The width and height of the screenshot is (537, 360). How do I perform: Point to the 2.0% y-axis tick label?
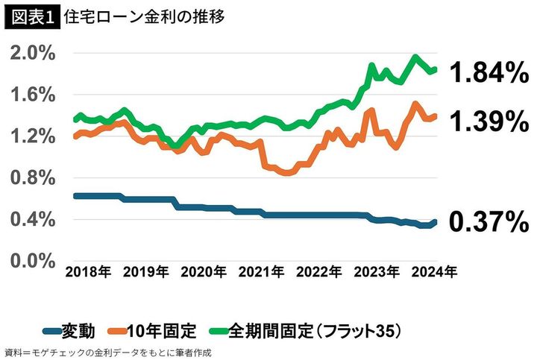tap(32, 53)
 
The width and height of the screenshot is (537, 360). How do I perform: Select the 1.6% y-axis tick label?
tap(32, 95)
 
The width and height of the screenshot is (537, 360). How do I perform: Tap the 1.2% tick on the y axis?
tap(32, 136)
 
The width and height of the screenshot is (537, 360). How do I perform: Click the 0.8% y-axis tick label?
tap(32, 178)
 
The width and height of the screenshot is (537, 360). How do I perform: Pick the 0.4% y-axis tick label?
tap(32, 220)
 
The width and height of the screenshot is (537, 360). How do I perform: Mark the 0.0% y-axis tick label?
tap(32, 262)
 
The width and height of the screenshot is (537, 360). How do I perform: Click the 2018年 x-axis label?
tap(88, 273)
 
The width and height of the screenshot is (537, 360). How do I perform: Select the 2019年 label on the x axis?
tap(146, 273)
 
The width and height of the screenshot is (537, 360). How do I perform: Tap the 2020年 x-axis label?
tap(204, 273)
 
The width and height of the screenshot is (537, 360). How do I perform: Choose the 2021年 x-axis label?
tap(262, 273)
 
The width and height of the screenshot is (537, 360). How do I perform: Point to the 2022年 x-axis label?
tap(320, 273)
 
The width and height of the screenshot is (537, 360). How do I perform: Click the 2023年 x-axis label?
tap(377, 273)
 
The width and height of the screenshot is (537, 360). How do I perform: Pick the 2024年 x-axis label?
tap(435, 273)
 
